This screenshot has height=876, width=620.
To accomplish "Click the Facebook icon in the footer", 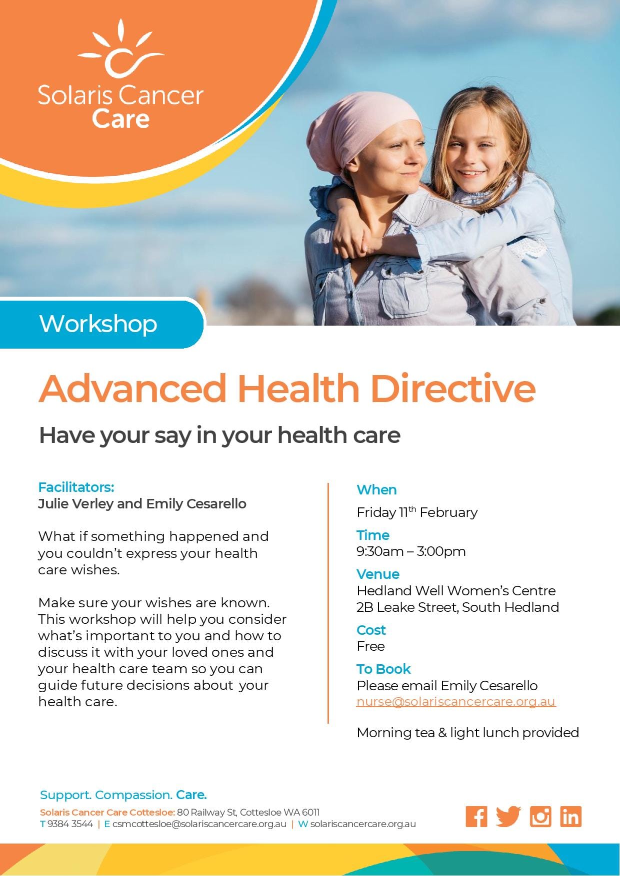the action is point(476,817).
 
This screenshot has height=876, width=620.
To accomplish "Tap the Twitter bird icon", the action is point(508,817).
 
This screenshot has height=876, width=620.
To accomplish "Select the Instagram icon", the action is point(540,817).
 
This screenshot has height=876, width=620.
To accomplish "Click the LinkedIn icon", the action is point(570,817).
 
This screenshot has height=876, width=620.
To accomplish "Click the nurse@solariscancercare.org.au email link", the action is point(456,702).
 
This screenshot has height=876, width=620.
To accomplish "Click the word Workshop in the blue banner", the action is point(98,324).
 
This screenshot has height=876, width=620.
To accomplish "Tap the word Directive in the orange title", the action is point(453,388).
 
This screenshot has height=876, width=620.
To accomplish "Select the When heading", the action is point(376,489).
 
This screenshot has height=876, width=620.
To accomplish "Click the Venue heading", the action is point(378,574).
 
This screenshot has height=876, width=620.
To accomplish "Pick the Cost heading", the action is point(371,630).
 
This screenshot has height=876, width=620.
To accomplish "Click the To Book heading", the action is point(383,669).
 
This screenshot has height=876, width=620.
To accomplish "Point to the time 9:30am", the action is point(380,551).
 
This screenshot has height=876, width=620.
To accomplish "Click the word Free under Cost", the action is point(370,646).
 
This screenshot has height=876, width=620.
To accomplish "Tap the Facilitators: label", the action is point(76,487).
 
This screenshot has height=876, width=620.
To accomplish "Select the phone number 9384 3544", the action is point(70,824).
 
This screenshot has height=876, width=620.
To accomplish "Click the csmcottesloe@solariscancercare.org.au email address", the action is point(199,824).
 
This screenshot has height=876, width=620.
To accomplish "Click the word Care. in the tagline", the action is point(191,795).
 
